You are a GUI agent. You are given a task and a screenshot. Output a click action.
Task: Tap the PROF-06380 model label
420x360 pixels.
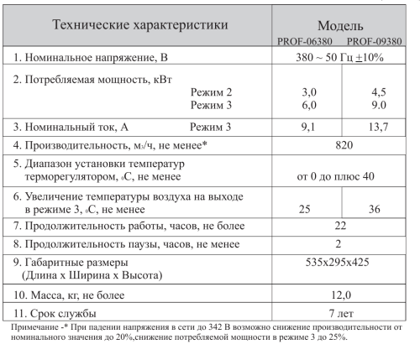[x=308, y=40]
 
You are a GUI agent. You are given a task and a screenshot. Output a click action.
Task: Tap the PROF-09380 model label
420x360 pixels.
[x=373, y=40]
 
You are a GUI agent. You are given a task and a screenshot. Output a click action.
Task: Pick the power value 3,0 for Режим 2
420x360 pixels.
[x=309, y=92]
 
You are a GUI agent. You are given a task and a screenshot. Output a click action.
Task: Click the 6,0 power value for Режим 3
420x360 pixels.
[x=309, y=106]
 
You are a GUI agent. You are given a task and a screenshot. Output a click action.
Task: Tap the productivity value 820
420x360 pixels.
[x=339, y=145]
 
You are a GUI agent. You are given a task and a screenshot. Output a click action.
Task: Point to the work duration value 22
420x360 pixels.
[x=339, y=227]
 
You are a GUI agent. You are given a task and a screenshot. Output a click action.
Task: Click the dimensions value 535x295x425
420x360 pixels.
[x=339, y=262]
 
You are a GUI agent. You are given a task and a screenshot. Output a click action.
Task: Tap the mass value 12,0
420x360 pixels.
[x=339, y=295]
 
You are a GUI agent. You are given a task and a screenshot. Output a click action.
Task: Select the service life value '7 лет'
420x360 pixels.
[x=339, y=313]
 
